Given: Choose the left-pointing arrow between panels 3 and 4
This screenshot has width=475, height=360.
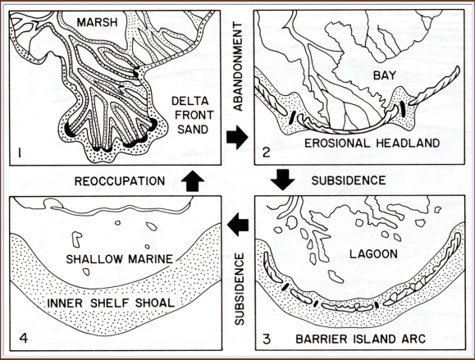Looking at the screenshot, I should click(239, 221).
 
